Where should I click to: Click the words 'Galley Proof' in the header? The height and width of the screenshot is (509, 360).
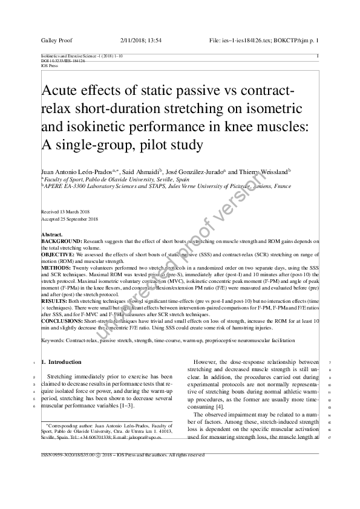click(x=56, y=39)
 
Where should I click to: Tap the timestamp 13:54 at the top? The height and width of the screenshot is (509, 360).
click(x=153, y=39)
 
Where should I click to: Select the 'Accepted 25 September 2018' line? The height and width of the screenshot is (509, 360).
click(x=69, y=219)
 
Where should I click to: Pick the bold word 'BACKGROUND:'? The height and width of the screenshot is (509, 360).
click(x=59, y=241)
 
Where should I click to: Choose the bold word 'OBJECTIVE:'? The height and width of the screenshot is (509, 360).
click(x=57, y=254)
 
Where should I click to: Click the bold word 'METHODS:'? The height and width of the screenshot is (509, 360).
click(x=54, y=268)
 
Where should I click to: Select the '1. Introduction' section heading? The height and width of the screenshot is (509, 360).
click(x=65, y=362)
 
